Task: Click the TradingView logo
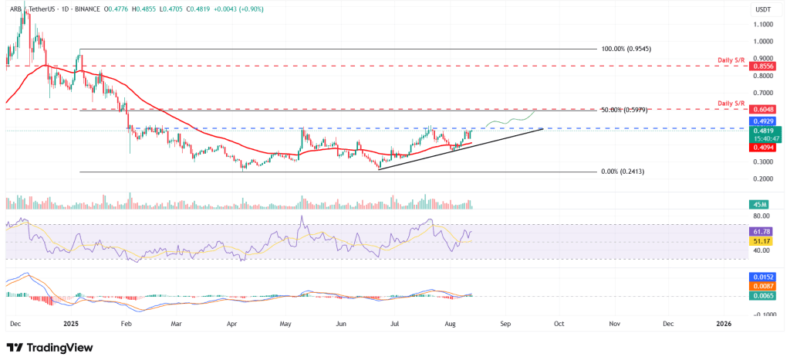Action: pyautogui.click(x=49, y=347)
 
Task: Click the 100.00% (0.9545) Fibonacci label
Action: pyautogui.click(x=626, y=49)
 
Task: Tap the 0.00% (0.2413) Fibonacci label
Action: pyautogui.click(x=622, y=172)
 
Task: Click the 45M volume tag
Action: pyautogui.click(x=758, y=204)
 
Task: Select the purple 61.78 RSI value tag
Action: pyautogui.click(x=761, y=231)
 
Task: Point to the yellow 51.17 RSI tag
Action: pyautogui.click(x=761, y=240)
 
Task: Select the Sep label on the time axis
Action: pyautogui.click(x=505, y=324)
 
